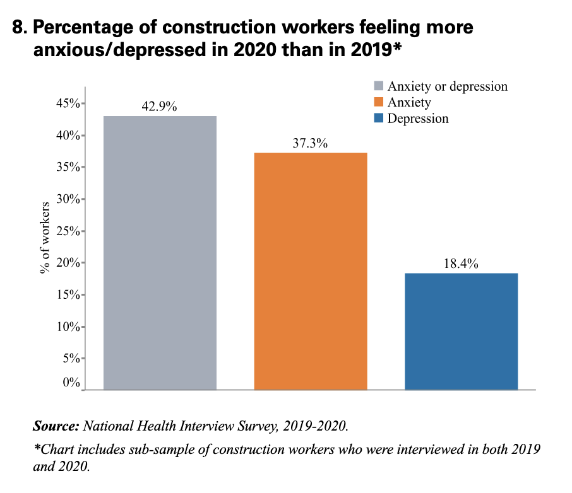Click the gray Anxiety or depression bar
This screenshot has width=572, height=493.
[x=160, y=252]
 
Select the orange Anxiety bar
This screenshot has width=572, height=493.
[x=311, y=271]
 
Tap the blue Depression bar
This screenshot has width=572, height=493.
[x=461, y=331]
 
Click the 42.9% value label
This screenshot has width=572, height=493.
[x=159, y=107]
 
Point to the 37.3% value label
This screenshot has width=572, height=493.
[x=310, y=143]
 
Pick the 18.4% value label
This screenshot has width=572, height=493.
[x=461, y=264]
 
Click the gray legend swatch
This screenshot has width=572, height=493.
[x=379, y=86]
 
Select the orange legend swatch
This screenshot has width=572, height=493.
[x=379, y=102]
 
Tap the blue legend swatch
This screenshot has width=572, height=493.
[x=379, y=119]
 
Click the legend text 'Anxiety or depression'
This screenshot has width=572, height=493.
[x=447, y=86]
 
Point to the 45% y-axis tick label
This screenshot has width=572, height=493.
[x=66, y=103]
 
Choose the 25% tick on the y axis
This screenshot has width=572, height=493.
[x=66, y=231]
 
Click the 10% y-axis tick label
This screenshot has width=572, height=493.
[x=66, y=327]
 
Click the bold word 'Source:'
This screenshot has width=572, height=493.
[x=56, y=426]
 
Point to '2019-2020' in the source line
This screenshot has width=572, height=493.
[x=319, y=426]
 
